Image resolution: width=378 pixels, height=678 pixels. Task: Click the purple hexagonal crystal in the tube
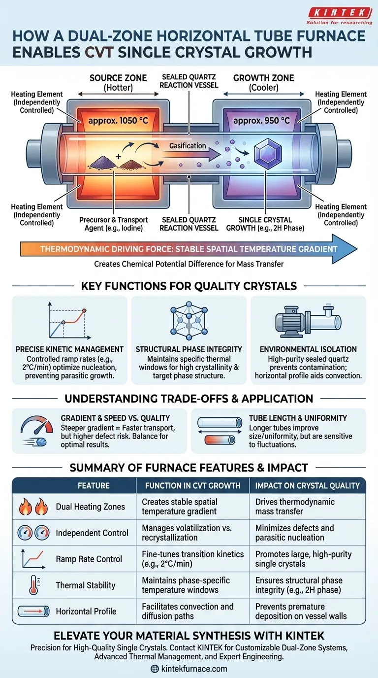tap(268, 152)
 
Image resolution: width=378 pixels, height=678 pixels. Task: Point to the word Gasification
tap(188, 145)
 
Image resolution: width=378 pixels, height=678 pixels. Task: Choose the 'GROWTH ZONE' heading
tap(263, 78)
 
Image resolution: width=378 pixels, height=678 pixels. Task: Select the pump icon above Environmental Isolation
tap(308, 322)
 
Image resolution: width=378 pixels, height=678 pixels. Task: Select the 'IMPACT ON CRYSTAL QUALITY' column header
tap(308, 485)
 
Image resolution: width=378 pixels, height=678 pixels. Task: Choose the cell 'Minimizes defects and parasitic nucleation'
tap(294, 533)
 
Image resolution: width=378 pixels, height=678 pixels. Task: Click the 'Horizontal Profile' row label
tap(86, 611)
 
